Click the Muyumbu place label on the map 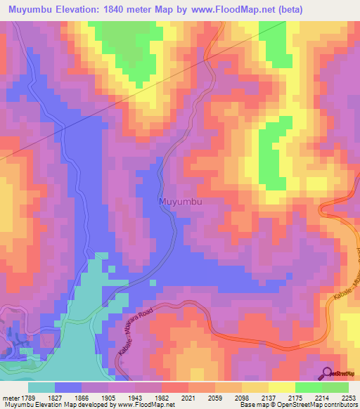[x=181, y=202]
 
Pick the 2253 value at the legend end [x=349, y=398]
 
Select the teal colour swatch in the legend [x=41, y=387]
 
